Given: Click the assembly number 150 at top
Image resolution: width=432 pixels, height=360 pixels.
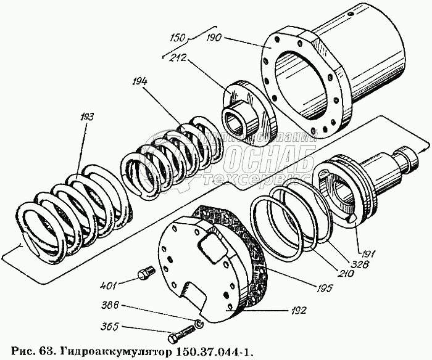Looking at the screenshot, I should (x=178, y=38).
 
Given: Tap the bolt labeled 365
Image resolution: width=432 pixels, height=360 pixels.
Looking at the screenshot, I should (x=177, y=337).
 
